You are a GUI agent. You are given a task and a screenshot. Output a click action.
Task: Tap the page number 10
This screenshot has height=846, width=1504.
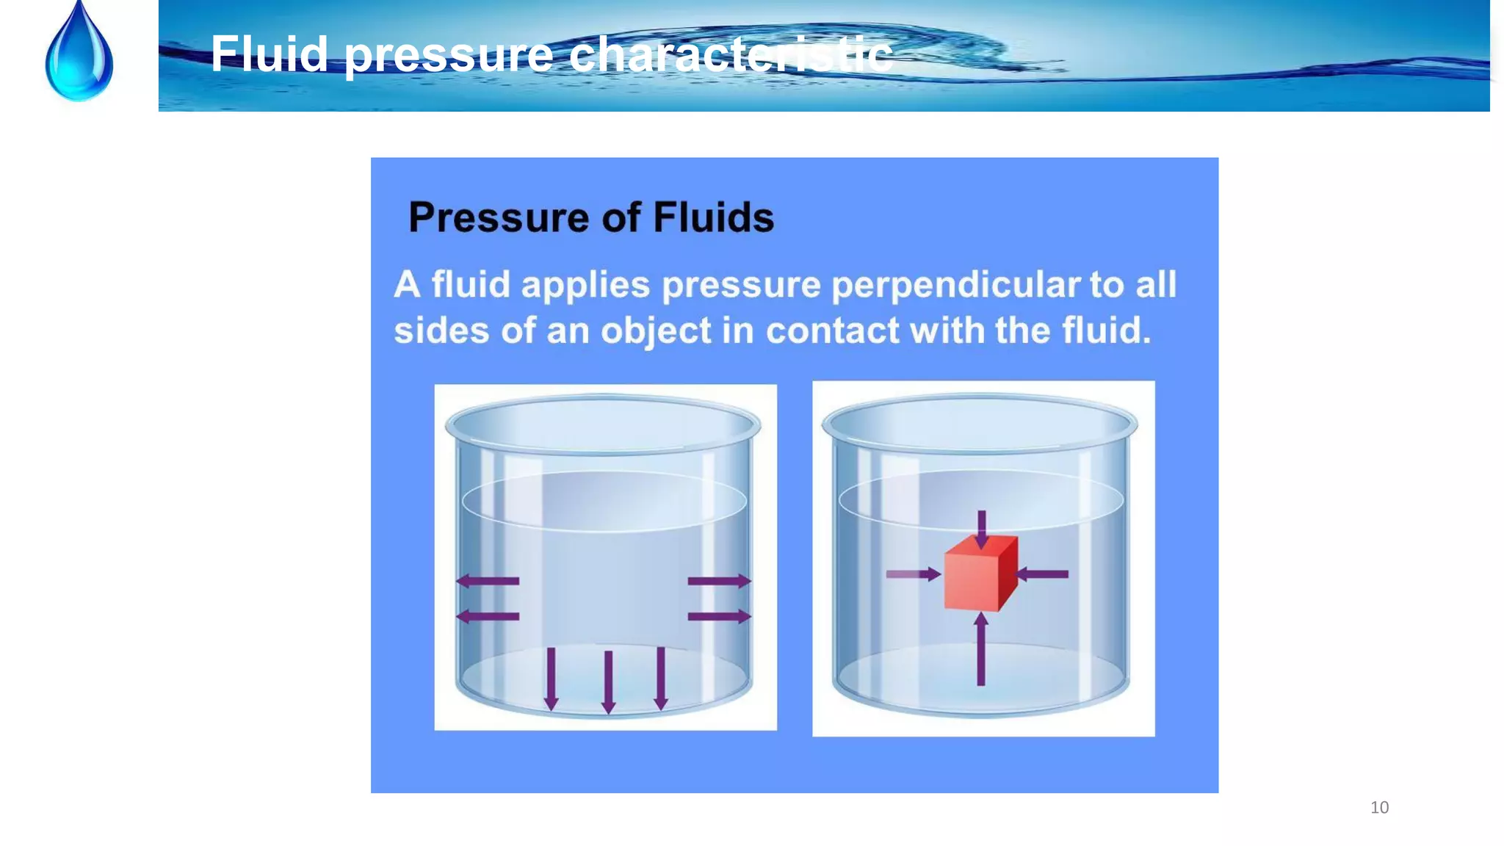click(1379, 808)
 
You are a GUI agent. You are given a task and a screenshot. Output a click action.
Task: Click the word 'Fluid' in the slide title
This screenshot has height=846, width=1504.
click(269, 54)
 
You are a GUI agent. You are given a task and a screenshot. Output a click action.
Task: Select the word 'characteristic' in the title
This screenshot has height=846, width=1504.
click(731, 54)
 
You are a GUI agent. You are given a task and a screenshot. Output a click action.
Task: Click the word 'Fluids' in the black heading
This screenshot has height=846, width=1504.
click(713, 217)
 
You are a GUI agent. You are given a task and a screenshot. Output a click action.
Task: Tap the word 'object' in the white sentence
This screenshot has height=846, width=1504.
click(656, 331)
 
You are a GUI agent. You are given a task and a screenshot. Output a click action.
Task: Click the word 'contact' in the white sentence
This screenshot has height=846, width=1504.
click(832, 330)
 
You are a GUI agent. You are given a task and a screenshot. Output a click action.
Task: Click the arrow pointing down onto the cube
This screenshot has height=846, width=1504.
click(982, 528)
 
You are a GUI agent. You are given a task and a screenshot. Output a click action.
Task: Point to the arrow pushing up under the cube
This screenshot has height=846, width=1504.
click(981, 649)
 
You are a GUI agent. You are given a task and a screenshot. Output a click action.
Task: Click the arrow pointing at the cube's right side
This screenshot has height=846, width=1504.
click(1043, 574)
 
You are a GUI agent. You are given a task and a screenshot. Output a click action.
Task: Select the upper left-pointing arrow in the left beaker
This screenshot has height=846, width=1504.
click(488, 581)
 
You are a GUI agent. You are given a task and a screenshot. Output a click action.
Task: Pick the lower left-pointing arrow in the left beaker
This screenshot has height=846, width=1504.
click(488, 616)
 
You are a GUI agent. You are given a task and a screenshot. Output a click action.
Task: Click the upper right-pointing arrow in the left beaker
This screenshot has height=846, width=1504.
click(719, 581)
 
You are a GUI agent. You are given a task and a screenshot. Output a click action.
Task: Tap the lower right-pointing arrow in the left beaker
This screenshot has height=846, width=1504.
click(719, 616)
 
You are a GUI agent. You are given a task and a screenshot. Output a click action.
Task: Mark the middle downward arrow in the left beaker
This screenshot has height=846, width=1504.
click(608, 681)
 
